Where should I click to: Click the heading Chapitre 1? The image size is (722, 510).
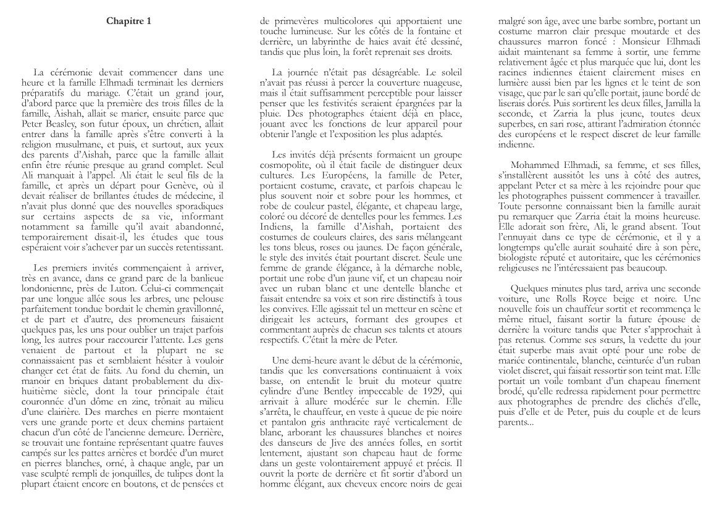[128, 21]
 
